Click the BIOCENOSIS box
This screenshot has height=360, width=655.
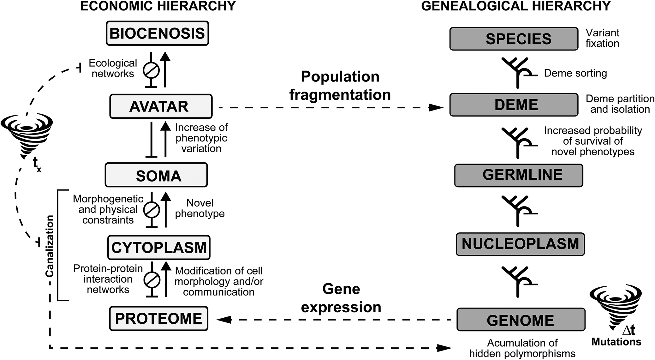click(157, 33)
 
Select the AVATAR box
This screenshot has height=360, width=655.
click(161, 106)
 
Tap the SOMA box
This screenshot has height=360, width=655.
click(156, 175)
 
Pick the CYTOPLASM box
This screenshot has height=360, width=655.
click(159, 247)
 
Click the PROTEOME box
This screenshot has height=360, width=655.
click(158, 319)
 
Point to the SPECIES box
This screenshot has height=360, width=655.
click(514, 39)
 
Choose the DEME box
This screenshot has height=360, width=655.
click(514, 105)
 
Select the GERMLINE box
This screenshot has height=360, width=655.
click(518, 175)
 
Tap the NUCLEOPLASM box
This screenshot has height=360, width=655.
click(520, 244)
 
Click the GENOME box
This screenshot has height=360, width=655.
click(521, 320)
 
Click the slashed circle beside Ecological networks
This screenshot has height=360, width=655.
click(151, 70)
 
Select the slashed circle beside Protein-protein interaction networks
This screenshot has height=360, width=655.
click(152, 280)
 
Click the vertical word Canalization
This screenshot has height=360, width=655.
click(50, 246)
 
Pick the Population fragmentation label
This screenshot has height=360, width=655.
click(340, 86)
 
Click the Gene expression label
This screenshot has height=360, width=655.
click(341, 298)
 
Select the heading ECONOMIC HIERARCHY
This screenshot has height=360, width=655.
click(158, 6)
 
